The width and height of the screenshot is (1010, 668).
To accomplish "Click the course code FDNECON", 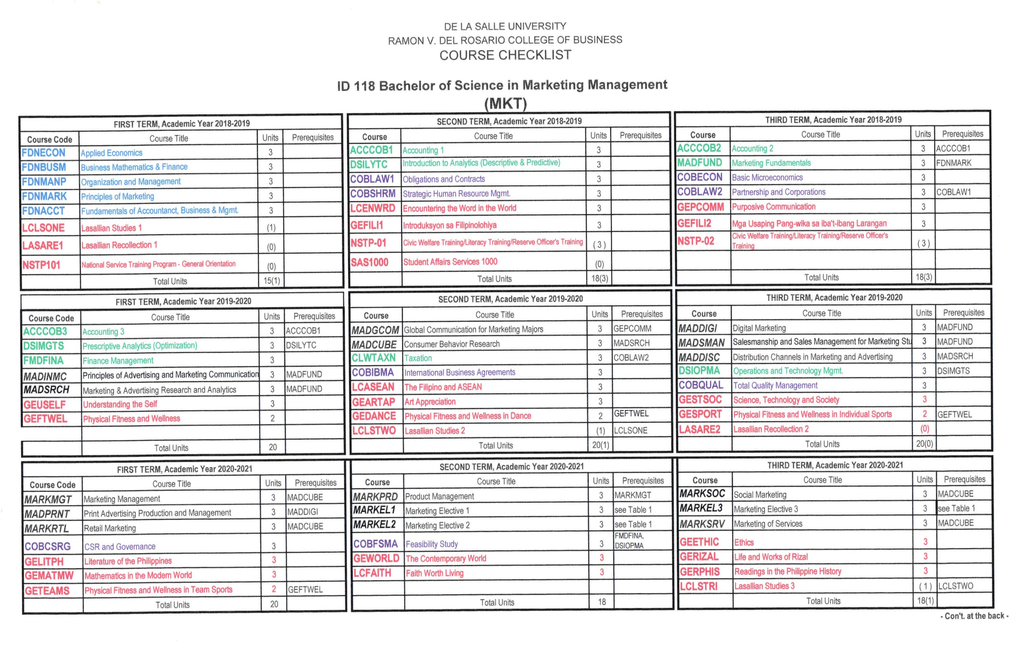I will tap(44, 153).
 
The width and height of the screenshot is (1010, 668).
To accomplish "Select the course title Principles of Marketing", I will tap(117, 196).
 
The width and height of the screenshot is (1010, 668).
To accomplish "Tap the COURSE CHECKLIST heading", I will tap(505, 55).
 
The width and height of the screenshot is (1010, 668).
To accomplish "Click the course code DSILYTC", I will tap(369, 164).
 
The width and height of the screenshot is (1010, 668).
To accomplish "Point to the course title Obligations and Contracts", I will tap(444, 179).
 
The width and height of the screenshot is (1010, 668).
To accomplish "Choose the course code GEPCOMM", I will tap(700, 207).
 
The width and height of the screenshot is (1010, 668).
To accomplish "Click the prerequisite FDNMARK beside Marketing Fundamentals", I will tap(953, 163).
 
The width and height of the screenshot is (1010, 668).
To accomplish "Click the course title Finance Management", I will tap(118, 361).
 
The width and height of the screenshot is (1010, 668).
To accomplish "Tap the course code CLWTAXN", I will tap(373, 358).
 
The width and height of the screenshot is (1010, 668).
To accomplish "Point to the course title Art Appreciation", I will tap(430, 402).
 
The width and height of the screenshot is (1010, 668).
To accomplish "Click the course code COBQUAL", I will tap(701, 385).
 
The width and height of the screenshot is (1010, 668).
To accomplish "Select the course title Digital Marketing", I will tap(759, 328).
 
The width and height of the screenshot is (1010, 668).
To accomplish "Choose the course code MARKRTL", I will tap(46, 529).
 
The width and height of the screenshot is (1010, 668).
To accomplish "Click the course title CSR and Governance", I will tap(120, 547).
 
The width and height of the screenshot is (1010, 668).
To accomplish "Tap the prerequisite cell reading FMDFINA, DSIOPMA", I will tap(628, 541).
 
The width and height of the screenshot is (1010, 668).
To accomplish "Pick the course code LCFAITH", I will tap(372, 573).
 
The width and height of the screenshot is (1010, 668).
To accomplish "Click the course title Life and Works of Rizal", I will tap(771, 557).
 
